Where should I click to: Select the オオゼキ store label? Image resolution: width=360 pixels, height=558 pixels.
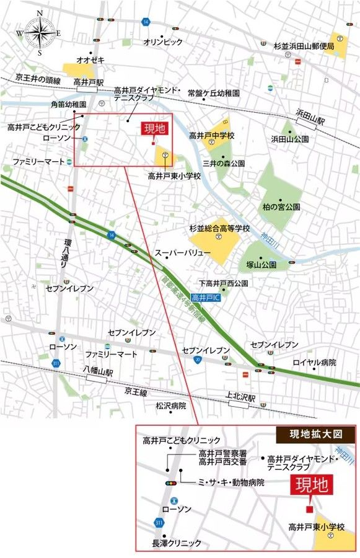pos(90,60)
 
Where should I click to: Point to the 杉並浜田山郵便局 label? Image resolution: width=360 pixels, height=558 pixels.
pos(304,46)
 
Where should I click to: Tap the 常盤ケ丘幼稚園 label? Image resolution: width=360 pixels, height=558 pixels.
pos(213,92)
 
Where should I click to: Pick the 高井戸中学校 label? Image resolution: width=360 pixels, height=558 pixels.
pos(212,135)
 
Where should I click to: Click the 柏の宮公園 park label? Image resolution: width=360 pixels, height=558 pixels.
pos(281,206)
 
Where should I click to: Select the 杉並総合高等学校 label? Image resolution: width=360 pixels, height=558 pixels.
pos(219,228)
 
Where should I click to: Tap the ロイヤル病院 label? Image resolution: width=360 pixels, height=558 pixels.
pos(314,362)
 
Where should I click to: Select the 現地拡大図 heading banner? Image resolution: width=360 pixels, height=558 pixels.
pos(315,434)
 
